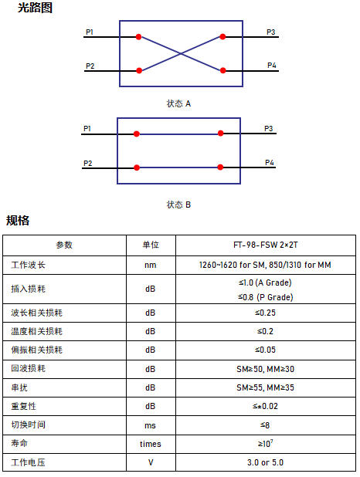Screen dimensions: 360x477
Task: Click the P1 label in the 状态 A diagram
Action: pyautogui.click(x=90, y=32)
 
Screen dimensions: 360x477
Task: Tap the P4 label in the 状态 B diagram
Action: pyautogui.click(x=270, y=162)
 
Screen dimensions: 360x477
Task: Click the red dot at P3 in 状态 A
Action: pyautogui.click(x=222, y=36)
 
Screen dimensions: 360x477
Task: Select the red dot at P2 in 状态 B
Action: pyautogui.click(x=137, y=167)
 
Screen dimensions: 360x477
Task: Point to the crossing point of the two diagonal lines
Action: pyautogui.click(x=181, y=53)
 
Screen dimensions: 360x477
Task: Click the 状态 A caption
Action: pyautogui.click(x=178, y=103)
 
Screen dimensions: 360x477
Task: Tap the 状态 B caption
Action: pyautogui.click(x=178, y=205)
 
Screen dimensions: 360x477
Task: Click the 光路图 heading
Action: pyautogui.click(x=35, y=8)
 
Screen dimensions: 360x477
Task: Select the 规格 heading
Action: pyautogui.click(x=18, y=220)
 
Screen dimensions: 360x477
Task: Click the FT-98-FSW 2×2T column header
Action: pyautogui.click(x=266, y=245)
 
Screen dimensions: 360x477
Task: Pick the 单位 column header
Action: pyautogui.click(x=151, y=245)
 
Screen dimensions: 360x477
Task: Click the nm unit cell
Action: pyautogui.click(x=151, y=266)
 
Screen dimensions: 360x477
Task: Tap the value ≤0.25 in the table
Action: pyautogui.click(x=265, y=313)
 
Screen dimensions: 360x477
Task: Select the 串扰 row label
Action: pyautogui.click(x=19, y=387)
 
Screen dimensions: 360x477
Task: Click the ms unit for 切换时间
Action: pyautogui.click(x=150, y=425)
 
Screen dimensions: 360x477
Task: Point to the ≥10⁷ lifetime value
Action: pyautogui.click(x=265, y=443)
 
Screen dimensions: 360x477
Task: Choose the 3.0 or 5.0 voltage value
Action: pyautogui.click(x=265, y=462)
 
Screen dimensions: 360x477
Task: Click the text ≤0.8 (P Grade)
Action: pyautogui.click(x=265, y=297)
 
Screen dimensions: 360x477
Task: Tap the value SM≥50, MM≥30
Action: pyautogui.click(x=265, y=369)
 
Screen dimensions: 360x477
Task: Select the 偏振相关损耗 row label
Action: pyautogui.click(x=36, y=350)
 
